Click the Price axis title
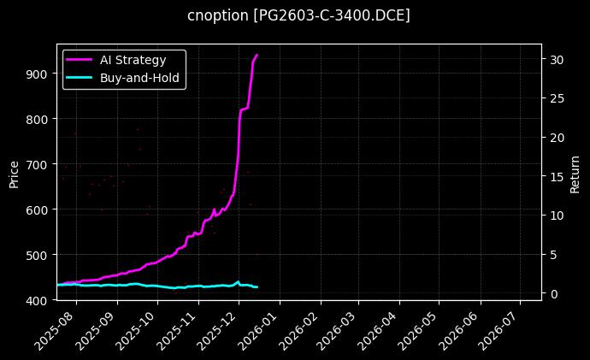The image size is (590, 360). click(14, 174)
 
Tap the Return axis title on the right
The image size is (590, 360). click(575, 174)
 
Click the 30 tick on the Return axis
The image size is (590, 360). click(557, 59)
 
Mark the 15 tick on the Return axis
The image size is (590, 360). click(557, 176)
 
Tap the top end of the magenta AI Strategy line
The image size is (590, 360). click(257, 55)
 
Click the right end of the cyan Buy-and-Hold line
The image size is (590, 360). click(257, 286)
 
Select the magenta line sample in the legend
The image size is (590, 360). click(80, 59)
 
